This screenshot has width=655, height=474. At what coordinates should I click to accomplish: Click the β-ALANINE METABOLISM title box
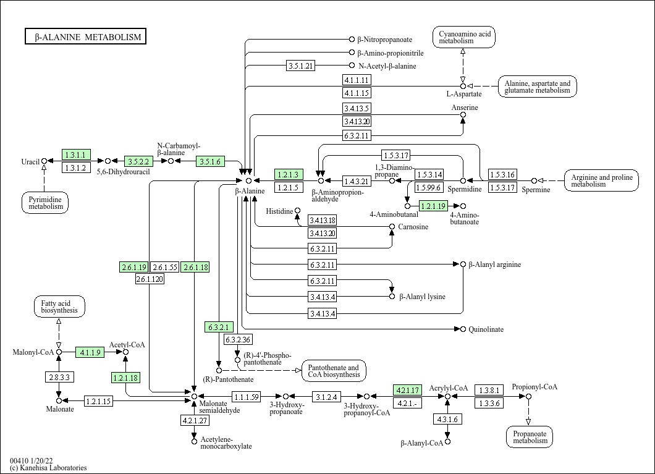point(86,36)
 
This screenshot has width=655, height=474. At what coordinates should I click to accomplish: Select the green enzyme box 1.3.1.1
point(76,154)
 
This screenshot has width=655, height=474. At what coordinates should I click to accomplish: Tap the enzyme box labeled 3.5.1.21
point(301,66)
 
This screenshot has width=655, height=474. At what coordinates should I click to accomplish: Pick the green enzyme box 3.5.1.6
point(211,161)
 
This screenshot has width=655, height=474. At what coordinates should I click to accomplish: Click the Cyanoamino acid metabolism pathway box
point(464,36)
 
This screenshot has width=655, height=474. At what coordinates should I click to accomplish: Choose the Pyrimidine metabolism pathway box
point(46,203)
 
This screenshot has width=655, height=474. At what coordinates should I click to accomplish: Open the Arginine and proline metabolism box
point(601,180)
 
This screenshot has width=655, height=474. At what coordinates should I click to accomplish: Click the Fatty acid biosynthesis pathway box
point(59,307)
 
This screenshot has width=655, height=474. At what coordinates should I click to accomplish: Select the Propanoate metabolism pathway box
point(530,437)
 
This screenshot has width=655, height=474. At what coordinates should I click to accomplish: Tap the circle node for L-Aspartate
point(463,86)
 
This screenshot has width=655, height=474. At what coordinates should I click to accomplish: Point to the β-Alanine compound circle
point(248,180)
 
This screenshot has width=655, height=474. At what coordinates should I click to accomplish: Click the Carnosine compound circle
point(392,226)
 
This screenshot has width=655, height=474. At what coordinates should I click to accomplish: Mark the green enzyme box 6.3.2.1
point(219,327)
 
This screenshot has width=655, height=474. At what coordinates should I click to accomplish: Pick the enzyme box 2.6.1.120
point(150,279)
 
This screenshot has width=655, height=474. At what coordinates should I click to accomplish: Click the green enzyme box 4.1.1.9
point(90,352)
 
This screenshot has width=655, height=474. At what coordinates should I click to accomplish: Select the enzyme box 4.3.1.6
point(448,419)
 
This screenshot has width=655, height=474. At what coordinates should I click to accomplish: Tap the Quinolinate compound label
point(486,329)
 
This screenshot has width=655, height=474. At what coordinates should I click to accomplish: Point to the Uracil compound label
point(30,162)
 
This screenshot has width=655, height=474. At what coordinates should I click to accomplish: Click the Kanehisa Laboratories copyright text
point(48,468)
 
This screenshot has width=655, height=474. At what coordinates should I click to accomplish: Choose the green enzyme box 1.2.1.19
point(434,205)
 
